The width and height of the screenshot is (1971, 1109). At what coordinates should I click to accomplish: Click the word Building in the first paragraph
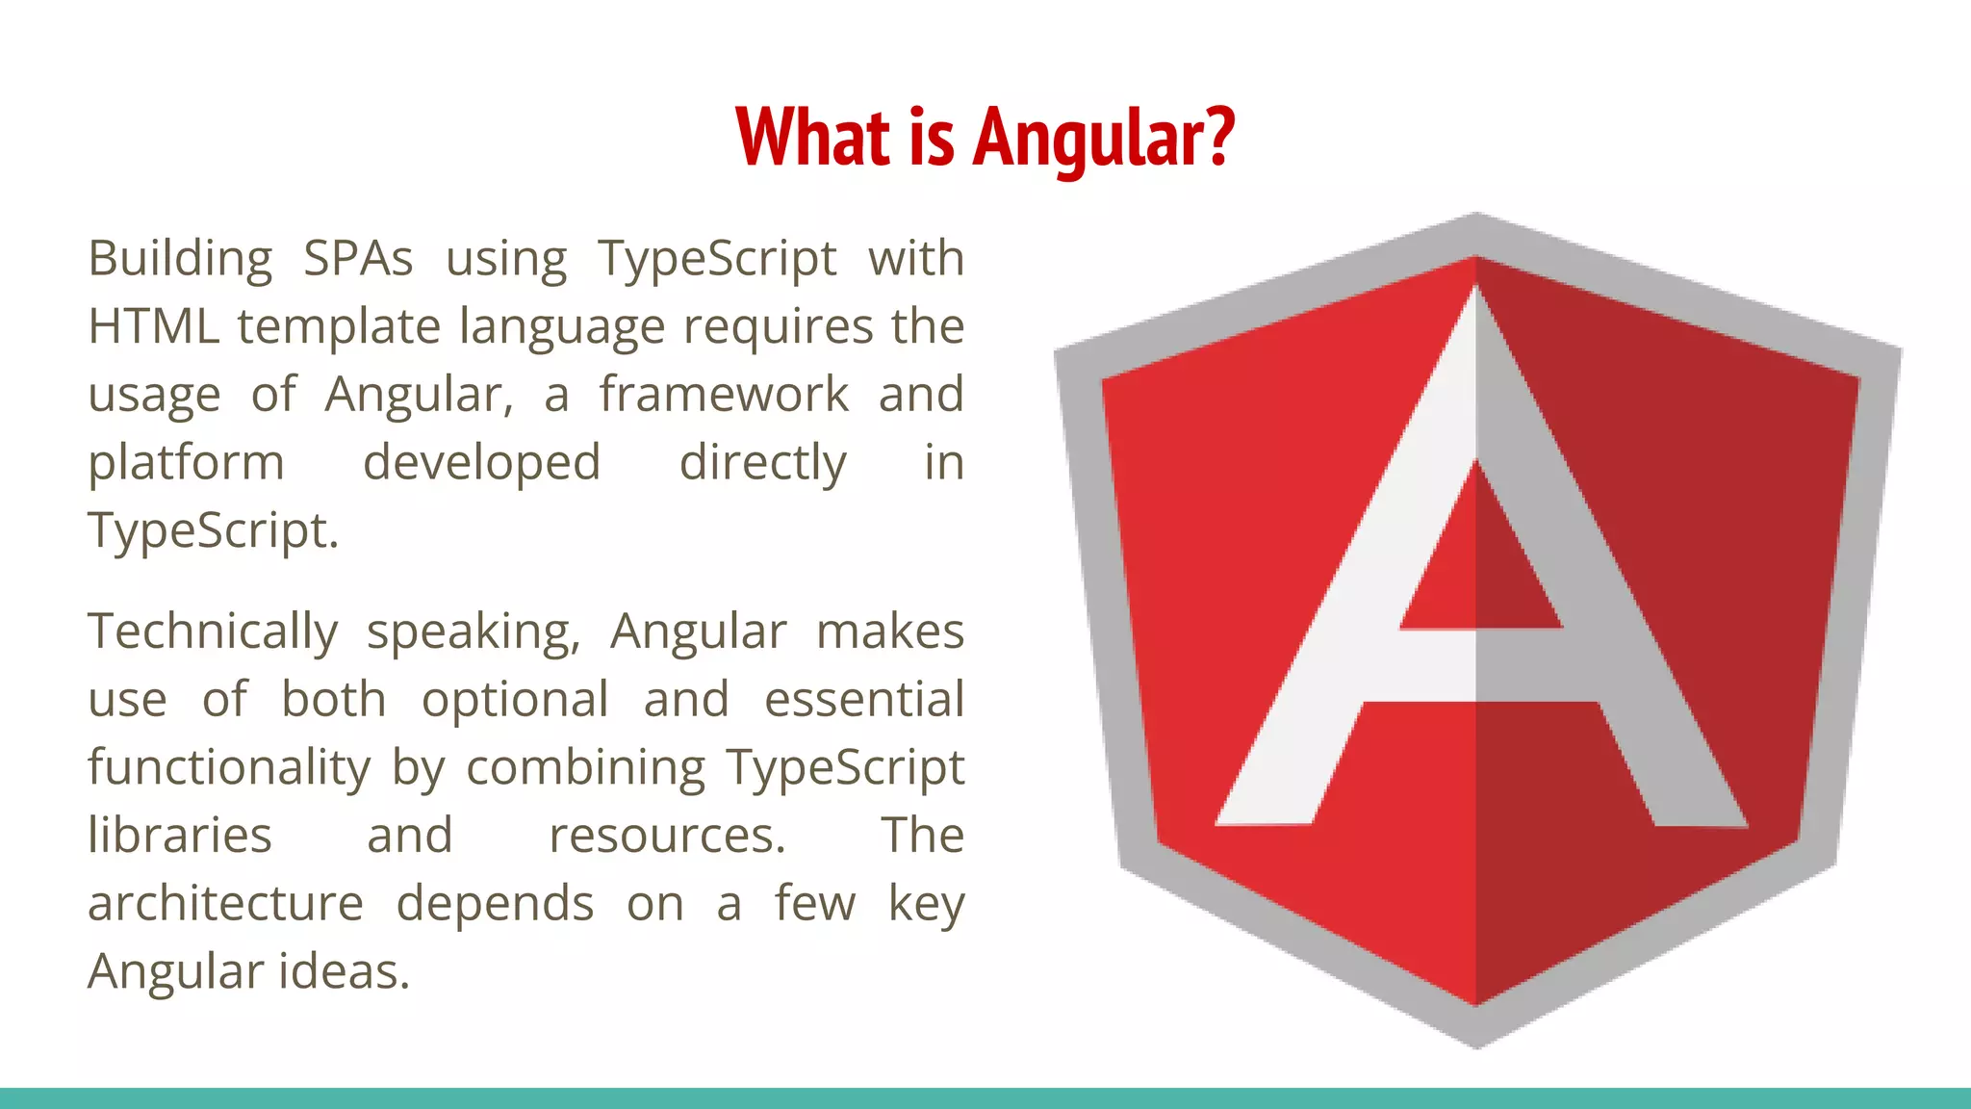tap(180, 259)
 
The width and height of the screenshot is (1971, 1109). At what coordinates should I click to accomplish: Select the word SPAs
tap(358, 259)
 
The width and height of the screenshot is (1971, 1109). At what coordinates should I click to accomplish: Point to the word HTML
tap(153, 326)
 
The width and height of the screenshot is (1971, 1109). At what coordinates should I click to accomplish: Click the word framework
tap(724, 395)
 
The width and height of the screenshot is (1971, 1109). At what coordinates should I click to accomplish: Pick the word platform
tap(186, 463)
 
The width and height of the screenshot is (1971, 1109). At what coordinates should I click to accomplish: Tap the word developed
tap(481, 463)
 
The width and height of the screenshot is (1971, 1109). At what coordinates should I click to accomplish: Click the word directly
tap(762, 463)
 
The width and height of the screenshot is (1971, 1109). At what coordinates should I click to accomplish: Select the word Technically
tap(213, 632)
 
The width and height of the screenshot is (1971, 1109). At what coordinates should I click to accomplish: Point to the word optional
tap(515, 700)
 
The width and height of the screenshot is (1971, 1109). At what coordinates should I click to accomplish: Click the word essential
tap(863, 700)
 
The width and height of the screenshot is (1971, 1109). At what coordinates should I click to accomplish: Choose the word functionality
tap(229, 768)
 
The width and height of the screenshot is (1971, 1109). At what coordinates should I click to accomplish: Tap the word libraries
tap(180, 836)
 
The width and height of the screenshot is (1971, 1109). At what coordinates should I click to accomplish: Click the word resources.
tap(667, 836)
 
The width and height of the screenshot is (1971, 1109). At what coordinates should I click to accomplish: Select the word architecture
tap(225, 904)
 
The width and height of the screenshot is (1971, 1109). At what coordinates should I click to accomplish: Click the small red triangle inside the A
tap(1477, 568)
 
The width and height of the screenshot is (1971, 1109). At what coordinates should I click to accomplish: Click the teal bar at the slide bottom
tap(985, 1098)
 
